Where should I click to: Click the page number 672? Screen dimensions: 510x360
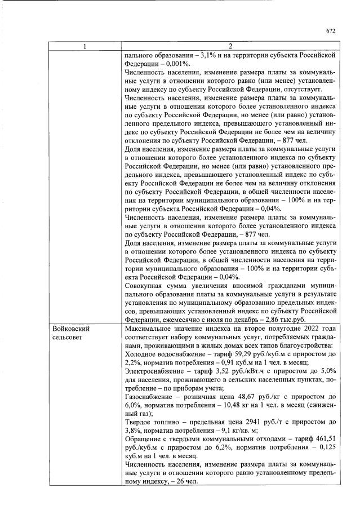point(331,31)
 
